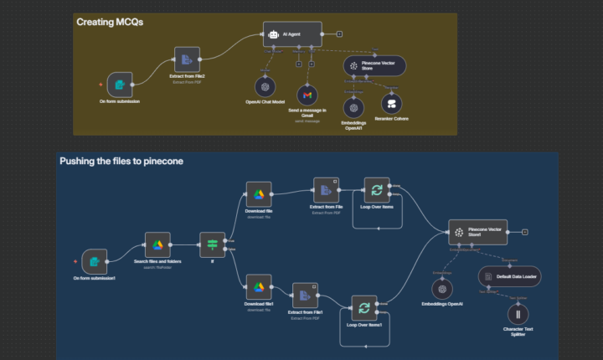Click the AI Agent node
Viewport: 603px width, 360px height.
point(292,34)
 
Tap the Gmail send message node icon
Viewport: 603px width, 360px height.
point(308,95)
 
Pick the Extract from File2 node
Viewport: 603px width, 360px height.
point(188,59)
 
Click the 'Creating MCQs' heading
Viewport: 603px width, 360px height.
point(110,22)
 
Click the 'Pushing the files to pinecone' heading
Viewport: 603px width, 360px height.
point(121,161)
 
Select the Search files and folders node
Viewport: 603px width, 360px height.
point(157,244)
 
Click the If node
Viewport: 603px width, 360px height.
point(212,244)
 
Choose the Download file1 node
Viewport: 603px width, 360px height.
point(259,285)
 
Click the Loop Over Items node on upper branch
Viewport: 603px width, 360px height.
point(376,190)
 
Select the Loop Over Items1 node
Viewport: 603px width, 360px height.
point(363,309)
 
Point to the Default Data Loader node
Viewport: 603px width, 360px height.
point(510,275)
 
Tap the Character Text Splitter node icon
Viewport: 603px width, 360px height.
point(518,315)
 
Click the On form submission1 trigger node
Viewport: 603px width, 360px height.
point(94,261)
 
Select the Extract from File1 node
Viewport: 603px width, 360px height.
point(304,296)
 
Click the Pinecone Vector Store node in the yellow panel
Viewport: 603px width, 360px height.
point(374,65)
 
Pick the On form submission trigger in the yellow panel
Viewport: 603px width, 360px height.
point(119,85)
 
